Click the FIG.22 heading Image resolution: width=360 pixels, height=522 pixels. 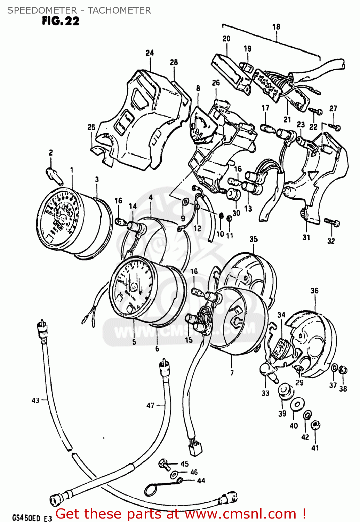point(61,21)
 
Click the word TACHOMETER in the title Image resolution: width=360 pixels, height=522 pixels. point(119,10)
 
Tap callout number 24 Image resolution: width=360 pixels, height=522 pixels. point(150,53)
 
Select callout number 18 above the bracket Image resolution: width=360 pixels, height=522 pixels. point(276,27)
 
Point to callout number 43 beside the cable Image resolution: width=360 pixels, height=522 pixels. point(35,400)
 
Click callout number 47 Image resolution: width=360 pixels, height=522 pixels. point(150,405)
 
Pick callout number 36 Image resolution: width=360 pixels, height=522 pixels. point(314,291)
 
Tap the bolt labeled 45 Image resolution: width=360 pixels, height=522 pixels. point(164,464)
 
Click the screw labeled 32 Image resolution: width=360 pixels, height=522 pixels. point(332,222)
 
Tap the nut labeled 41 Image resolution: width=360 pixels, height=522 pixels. point(315,425)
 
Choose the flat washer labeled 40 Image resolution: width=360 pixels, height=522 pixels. point(297,404)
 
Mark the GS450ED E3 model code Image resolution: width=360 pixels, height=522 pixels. point(32,517)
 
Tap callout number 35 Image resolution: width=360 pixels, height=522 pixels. point(254,239)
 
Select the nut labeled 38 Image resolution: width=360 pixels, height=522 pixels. point(343,370)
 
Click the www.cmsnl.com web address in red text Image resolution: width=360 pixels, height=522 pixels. point(236,514)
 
